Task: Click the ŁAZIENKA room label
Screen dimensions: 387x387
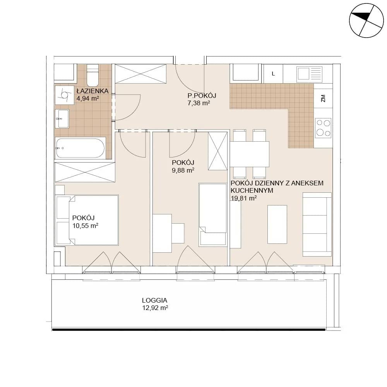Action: pyautogui.click(x=92, y=91)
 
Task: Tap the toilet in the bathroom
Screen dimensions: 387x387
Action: pyautogui.click(x=92, y=75)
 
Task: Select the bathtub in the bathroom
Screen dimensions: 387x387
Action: pyautogui.click(x=80, y=148)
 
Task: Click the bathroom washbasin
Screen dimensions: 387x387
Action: pyautogui.click(x=62, y=119)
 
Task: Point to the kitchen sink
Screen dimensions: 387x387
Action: pyautogui.click(x=310, y=74)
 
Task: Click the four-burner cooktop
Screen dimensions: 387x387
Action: pyautogui.click(x=323, y=128)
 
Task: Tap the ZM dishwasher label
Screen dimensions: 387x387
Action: pyautogui.click(x=323, y=98)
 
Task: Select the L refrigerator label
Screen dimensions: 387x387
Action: pyautogui.click(x=273, y=74)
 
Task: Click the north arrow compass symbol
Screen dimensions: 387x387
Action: pyautogui.click(x=366, y=21)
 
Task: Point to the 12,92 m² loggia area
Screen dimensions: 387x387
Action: pyautogui.click(x=155, y=308)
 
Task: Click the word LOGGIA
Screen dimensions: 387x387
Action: pyautogui.click(x=154, y=300)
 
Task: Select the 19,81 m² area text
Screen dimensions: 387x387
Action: pyautogui.click(x=243, y=198)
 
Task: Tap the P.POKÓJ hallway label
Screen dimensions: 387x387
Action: pyautogui.click(x=202, y=96)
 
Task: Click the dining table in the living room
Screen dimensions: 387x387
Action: pyautogui.click(x=250, y=154)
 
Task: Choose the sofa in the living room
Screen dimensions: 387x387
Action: pyautogui.click(x=317, y=224)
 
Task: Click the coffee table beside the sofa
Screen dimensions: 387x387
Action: pyautogui.click(x=277, y=224)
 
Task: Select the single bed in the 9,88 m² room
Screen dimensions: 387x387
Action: pyautogui.click(x=213, y=215)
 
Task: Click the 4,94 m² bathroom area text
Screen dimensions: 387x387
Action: pyautogui.click(x=88, y=98)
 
